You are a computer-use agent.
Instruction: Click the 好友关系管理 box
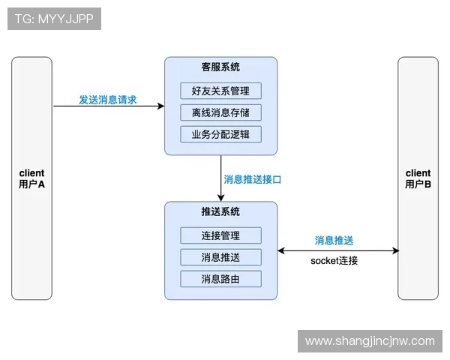[x=220, y=91]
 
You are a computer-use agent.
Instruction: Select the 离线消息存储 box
[x=220, y=112]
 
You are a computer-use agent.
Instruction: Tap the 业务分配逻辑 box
[x=220, y=134]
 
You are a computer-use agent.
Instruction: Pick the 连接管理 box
[x=220, y=235]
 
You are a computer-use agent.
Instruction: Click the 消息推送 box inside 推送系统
[x=220, y=257]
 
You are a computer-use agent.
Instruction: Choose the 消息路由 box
[x=220, y=279]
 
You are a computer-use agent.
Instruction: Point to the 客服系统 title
[x=220, y=67]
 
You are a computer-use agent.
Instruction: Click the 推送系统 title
[x=220, y=212]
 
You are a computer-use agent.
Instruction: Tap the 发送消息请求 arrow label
[x=108, y=99]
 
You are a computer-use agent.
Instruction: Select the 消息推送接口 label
[x=253, y=180]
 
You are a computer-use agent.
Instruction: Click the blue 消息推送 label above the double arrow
[x=334, y=241]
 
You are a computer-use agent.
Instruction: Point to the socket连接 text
[x=334, y=261]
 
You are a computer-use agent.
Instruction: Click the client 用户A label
[x=31, y=178]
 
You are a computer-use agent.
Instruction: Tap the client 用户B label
[x=418, y=178]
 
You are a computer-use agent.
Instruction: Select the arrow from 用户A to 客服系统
[x=108, y=106]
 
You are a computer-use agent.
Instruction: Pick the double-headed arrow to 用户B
[x=338, y=251]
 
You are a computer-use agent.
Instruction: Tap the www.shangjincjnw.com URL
[x=370, y=341]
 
